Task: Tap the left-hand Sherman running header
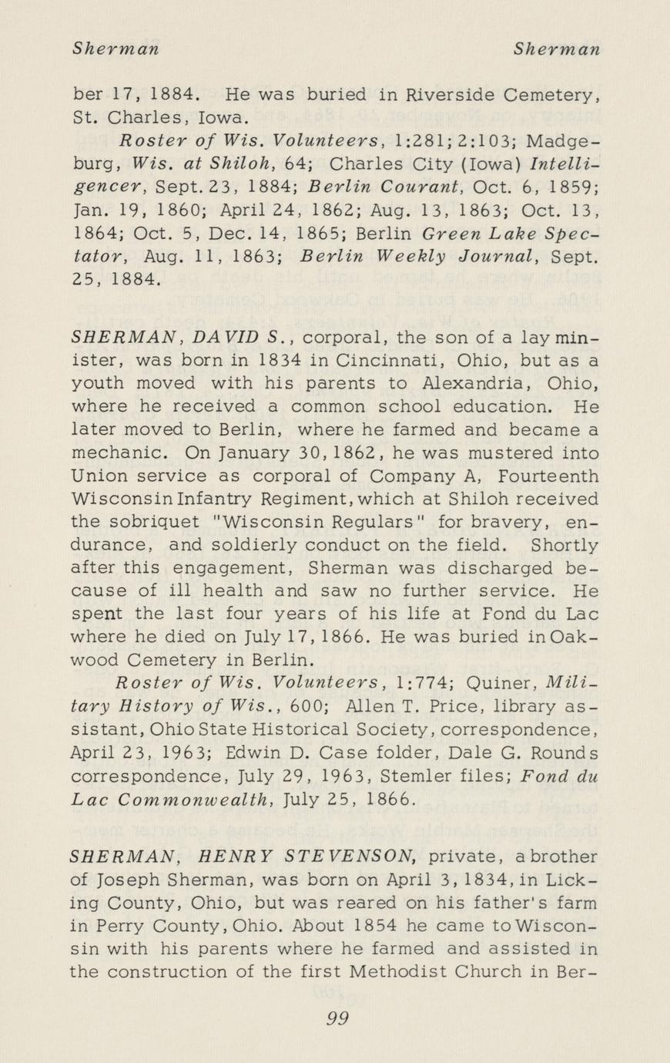coord(116,49)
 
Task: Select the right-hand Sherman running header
coord(557,49)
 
